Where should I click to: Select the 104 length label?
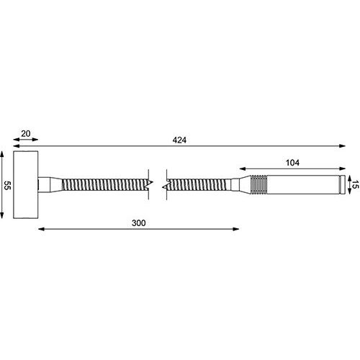click(x=292, y=163)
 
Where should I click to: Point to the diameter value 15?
click(x=354, y=184)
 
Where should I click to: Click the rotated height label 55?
click(x=5, y=185)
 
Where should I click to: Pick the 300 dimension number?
click(x=138, y=223)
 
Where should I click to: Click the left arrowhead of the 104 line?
click(x=243, y=170)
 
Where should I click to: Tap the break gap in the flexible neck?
click(x=158, y=185)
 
